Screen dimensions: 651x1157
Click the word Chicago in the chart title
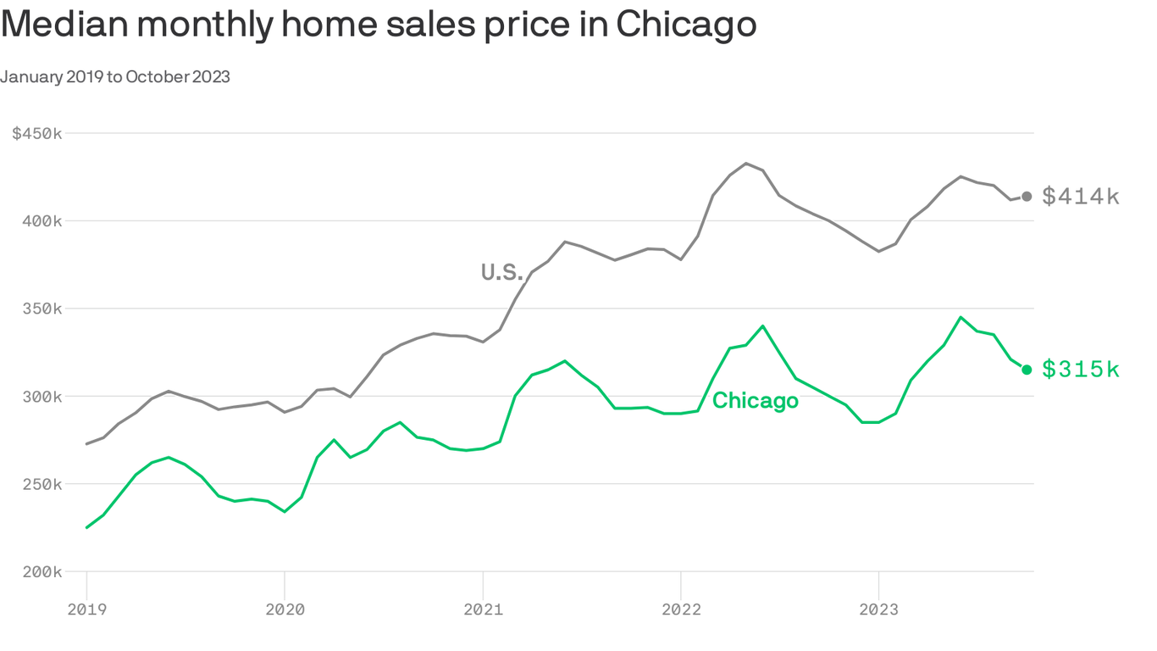pyautogui.click(x=686, y=25)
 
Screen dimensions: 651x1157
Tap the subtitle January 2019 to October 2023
pyautogui.click(x=115, y=77)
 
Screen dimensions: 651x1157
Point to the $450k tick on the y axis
pyautogui.click(x=37, y=134)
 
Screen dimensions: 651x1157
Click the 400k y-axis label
pyautogui.click(x=41, y=221)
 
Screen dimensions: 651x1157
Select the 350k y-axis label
pyautogui.click(x=41, y=309)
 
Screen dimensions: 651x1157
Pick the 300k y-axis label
pyautogui.click(x=41, y=397)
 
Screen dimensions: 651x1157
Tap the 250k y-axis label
pyautogui.click(x=41, y=484)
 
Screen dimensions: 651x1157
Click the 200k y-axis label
pyautogui.click(x=41, y=572)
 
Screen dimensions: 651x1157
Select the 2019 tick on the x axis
pyautogui.click(x=86, y=609)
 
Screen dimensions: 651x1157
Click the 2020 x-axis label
pyautogui.click(x=285, y=609)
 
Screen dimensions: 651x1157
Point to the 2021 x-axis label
pyautogui.click(x=483, y=609)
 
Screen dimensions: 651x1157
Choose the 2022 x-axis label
pyautogui.click(x=680, y=609)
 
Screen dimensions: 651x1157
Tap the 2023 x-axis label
pyautogui.click(x=878, y=609)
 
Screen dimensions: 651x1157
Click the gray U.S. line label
pyautogui.click(x=502, y=272)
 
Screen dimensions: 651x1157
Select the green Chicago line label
pyautogui.click(x=755, y=401)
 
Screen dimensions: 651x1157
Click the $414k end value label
pyautogui.click(x=1081, y=197)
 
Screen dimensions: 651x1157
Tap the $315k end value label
pyautogui.click(x=1081, y=370)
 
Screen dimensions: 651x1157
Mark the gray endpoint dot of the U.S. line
pyautogui.click(x=1027, y=197)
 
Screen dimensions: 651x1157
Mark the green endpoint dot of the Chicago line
pyautogui.click(x=1027, y=370)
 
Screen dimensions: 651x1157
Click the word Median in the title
pyautogui.click(x=65, y=25)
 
